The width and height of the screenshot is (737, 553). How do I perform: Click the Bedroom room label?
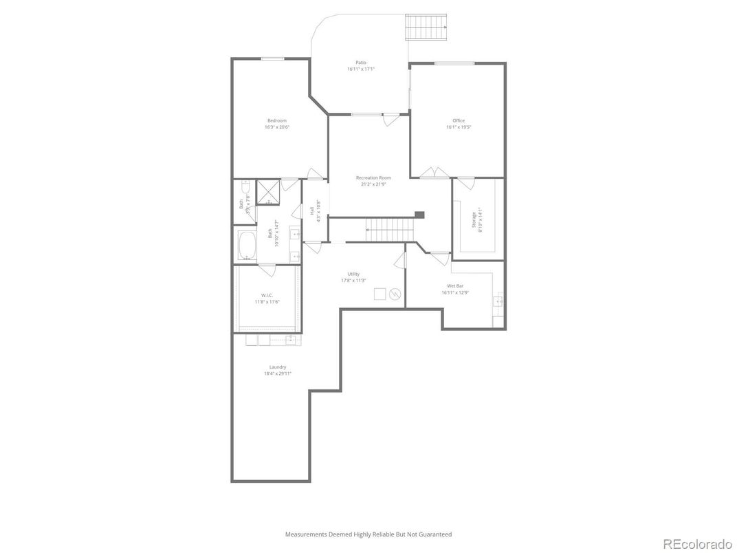(x=276, y=120)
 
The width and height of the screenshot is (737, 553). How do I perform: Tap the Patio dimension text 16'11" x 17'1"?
(x=360, y=69)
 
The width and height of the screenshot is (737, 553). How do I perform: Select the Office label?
(x=459, y=120)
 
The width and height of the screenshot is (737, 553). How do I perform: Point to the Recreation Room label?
(x=373, y=177)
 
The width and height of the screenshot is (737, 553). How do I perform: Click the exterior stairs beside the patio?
(x=427, y=28)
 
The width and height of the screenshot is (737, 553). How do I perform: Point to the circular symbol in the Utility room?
(x=395, y=294)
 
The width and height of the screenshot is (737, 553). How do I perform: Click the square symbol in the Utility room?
(x=380, y=294)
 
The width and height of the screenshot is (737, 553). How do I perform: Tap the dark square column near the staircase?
(x=419, y=215)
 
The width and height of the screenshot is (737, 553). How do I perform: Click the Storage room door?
(x=465, y=183)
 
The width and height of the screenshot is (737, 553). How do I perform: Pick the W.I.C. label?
(x=267, y=296)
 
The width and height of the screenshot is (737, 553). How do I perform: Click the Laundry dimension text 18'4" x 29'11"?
(x=278, y=373)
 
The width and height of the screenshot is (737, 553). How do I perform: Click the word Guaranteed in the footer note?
(x=434, y=534)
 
